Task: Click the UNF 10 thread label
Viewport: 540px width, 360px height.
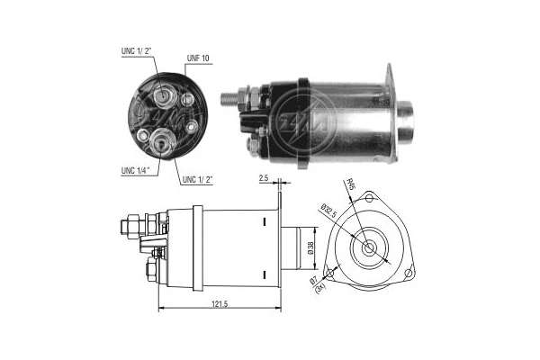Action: (198, 58)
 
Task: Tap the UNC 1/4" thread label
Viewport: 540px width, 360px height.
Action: (128, 168)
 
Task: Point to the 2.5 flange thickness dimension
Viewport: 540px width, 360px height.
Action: (264, 180)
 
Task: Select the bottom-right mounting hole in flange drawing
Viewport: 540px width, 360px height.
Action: (409, 273)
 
